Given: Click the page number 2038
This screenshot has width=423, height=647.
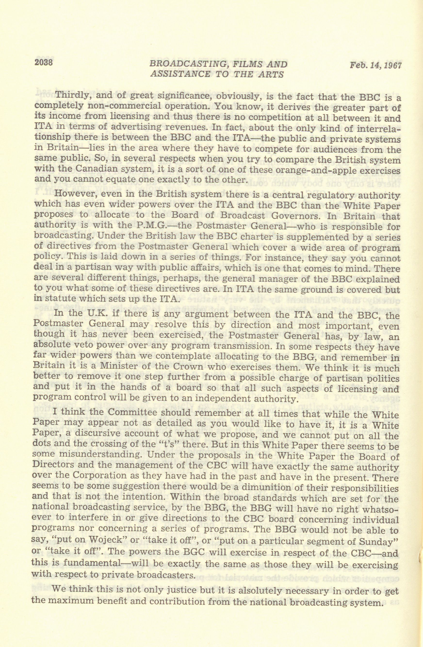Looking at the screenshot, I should (x=43, y=63).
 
